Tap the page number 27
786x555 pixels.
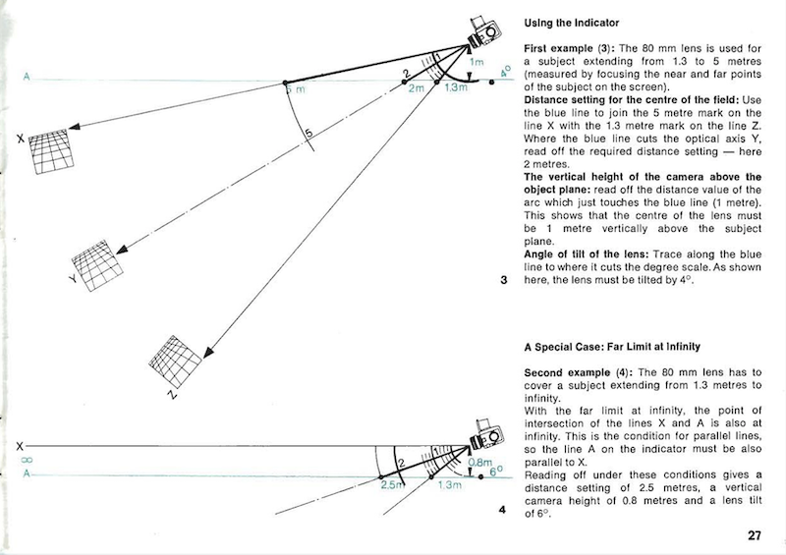pyautogui.click(x=753, y=535)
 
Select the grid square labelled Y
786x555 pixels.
pyautogui.click(x=101, y=261)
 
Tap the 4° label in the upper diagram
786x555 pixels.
pyautogui.click(x=505, y=73)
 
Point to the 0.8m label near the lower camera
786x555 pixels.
pyautogui.click(x=479, y=462)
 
